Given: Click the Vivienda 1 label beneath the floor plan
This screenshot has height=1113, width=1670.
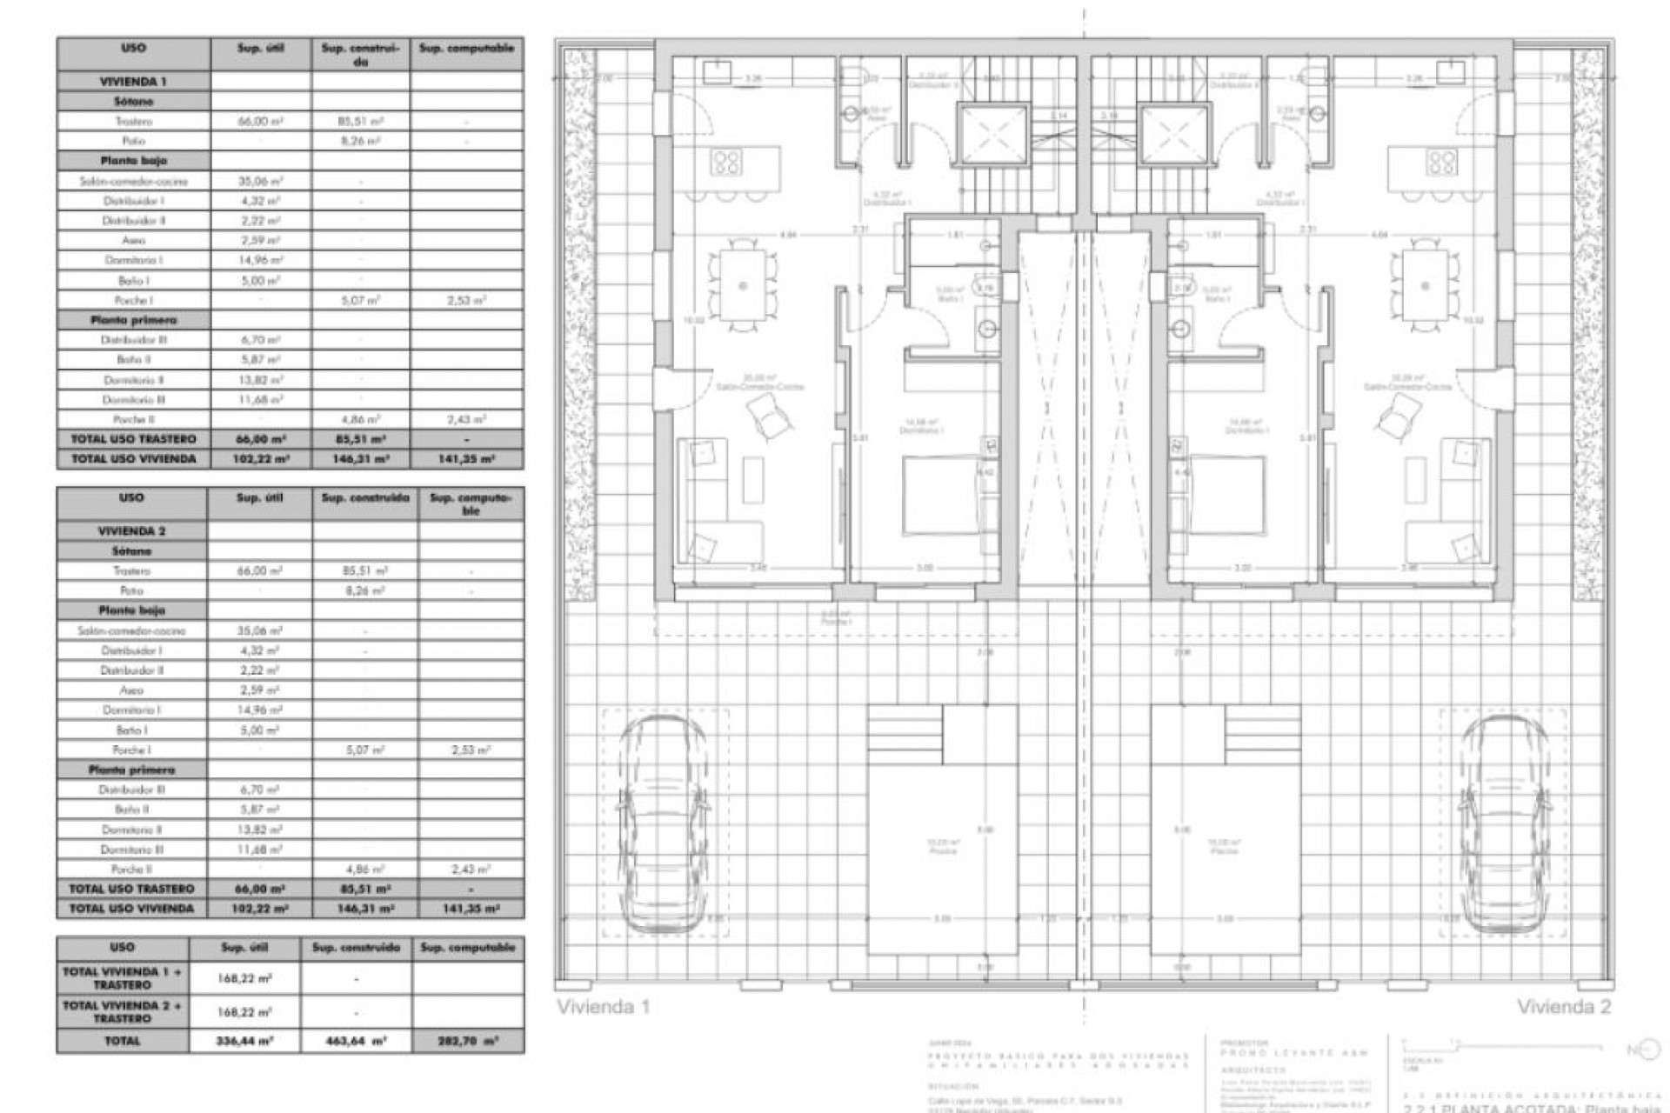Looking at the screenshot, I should [603, 1007].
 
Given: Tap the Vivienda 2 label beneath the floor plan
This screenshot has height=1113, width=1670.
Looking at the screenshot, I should [1564, 1007].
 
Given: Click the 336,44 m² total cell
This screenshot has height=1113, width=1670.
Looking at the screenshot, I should [244, 1041].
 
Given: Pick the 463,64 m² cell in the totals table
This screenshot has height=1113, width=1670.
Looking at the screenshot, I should [357, 1041].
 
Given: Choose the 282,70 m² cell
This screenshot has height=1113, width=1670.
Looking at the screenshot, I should [468, 1041].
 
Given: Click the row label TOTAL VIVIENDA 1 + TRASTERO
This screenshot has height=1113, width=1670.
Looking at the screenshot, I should [123, 978].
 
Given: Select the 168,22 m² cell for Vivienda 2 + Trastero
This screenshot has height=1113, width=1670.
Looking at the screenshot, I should [244, 1011].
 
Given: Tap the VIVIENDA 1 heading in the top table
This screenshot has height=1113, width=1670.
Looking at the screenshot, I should [134, 81].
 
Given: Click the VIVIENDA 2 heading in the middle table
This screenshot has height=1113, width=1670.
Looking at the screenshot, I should [132, 530].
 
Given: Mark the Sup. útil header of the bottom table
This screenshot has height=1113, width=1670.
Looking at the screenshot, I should [244, 947].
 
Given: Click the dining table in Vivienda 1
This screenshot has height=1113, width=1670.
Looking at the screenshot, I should [744, 285].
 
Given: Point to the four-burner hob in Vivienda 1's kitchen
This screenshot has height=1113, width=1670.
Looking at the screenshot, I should [726, 162].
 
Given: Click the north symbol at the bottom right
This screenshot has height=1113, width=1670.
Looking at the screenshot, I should [1637, 1050].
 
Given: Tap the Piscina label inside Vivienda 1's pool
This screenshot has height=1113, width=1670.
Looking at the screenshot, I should [943, 851].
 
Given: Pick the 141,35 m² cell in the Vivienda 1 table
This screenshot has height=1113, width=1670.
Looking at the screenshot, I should [467, 458].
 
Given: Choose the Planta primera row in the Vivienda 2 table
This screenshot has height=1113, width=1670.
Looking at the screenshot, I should [132, 770].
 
